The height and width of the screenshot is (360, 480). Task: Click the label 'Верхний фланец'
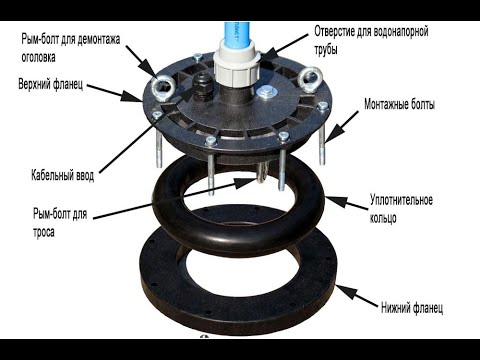point(51,84)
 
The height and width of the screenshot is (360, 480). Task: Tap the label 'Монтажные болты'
point(399,104)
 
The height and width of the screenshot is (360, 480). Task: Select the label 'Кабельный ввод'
point(63,175)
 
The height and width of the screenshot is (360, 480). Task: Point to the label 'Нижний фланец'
point(412,307)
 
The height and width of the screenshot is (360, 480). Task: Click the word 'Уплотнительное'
point(401,200)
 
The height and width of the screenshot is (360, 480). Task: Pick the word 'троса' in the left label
point(44,232)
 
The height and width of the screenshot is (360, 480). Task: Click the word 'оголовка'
point(38,57)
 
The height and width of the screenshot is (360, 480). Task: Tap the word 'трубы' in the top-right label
point(326,49)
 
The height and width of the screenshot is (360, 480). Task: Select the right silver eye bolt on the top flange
point(308,79)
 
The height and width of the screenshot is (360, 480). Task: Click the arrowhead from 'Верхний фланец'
point(132,96)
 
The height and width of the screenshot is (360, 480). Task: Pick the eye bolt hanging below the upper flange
point(262,173)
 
